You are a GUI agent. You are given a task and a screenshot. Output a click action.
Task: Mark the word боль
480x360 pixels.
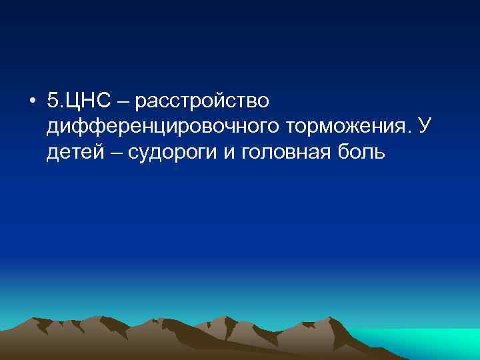362,153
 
